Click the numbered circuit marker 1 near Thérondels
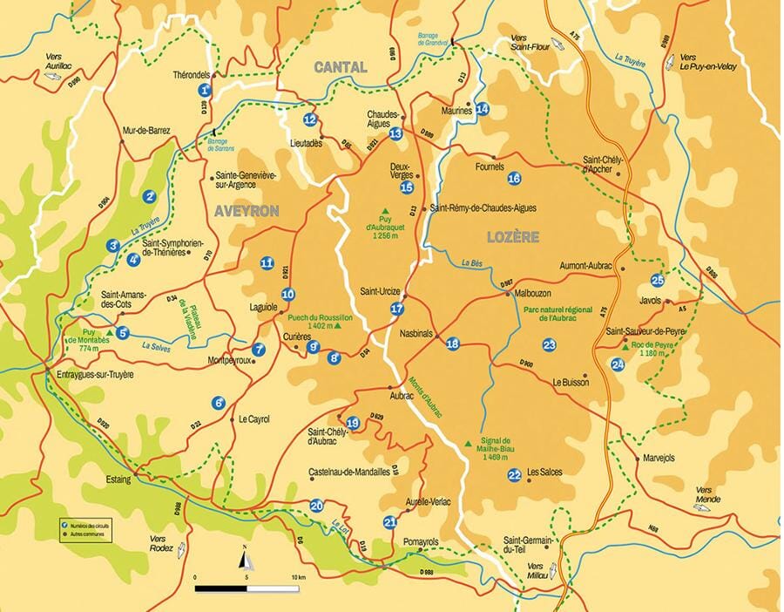[205, 90]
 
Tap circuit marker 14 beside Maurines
[483, 109]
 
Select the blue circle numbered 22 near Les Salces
[515, 474]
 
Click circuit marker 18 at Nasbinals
[452, 344]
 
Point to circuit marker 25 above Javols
[658, 280]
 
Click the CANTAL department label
[341, 67]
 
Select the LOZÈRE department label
[514, 236]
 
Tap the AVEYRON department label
[247, 211]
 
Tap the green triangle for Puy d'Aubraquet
[386, 210]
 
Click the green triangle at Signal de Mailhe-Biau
[468, 444]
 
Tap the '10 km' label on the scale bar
[298, 578]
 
